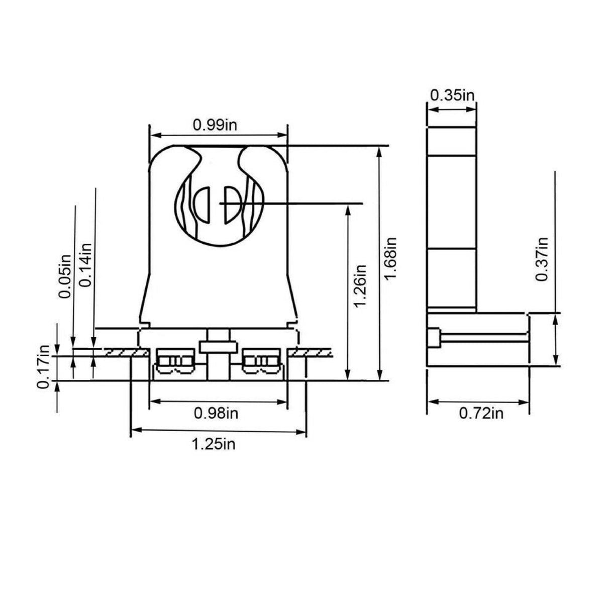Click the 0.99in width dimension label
click(x=215, y=125)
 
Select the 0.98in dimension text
click(x=216, y=413)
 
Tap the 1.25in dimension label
click(x=213, y=444)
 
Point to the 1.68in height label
click(x=391, y=259)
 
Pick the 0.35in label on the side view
click(x=452, y=95)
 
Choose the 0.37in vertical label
click(x=541, y=259)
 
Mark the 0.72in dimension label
click(x=481, y=413)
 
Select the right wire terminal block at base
click(x=260, y=361)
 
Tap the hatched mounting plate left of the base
click(x=121, y=353)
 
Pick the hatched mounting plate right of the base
click(x=312, y=353)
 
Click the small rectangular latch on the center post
click(x=218, y=346)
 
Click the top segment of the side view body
click(x=451, y=142)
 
